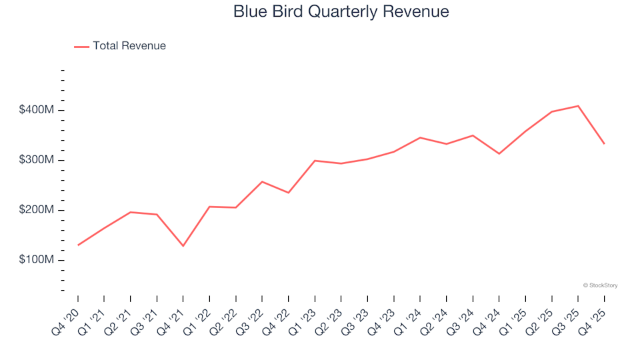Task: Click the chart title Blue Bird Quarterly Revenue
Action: click(x=341, y=11)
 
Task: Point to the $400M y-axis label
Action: click(x=37, y=109)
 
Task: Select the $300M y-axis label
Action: click(x=37, y=160)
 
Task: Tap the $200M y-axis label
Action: click(x=37, y=210)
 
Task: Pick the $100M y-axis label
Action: click(x=37, y=259)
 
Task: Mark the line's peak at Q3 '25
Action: click(x=578, y=106)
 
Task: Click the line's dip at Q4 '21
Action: click(x=183, y=246)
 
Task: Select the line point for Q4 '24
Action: click(x=499, y=154)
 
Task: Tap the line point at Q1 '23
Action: click(x=315, y=161)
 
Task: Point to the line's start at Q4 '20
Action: click(x=77, y=245)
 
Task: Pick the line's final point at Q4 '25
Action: click(x=604, y=144)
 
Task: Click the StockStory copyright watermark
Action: click(x=600, y=285)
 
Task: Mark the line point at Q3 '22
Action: click(x=262, y=181)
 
